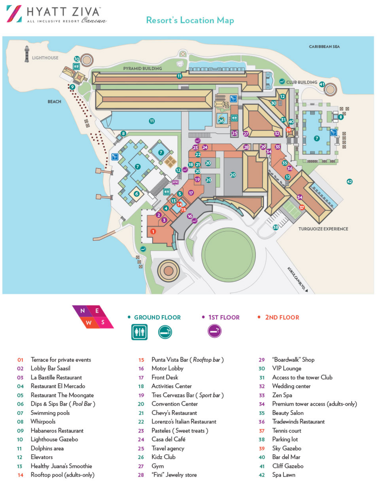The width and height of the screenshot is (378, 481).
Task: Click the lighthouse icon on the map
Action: (x=27, y=54)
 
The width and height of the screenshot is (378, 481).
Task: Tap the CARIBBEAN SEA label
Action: (x=324, y=47)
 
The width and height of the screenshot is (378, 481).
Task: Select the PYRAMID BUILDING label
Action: (x=142, y=68)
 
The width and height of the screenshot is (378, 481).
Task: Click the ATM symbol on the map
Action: (x=175, y=182)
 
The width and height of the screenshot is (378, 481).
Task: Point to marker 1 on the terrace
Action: (x=153, y=231)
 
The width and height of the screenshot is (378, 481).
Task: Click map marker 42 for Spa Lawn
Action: (x=349, y=181)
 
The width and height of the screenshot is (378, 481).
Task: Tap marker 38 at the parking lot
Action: (x=275, y=227)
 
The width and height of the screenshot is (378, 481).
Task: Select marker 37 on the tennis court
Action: (x=301, y=207)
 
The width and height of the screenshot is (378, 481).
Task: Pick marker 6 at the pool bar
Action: (x=136, y=194)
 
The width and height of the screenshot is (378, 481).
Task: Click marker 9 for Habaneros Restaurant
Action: (x=72, y=87)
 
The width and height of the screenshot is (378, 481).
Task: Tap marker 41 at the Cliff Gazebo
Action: (x=322, y=84)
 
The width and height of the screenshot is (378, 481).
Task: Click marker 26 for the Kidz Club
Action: (x=221, y=121)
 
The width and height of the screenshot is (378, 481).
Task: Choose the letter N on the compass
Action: (x=83, y=311)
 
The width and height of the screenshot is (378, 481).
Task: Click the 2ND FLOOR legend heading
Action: (x=282, y=317)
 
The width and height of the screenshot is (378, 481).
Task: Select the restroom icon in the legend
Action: (x=139, y=332)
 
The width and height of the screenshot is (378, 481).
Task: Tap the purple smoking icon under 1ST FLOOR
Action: (x=214, y=331)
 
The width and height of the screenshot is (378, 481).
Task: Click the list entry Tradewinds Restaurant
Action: (x=298, y=422)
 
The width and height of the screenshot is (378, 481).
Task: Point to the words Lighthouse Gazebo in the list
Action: (x=54, y=439)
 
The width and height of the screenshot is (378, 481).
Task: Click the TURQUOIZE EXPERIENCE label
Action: (x=323, y=229)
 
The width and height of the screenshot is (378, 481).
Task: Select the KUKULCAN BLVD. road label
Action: (x=297, y=279)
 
